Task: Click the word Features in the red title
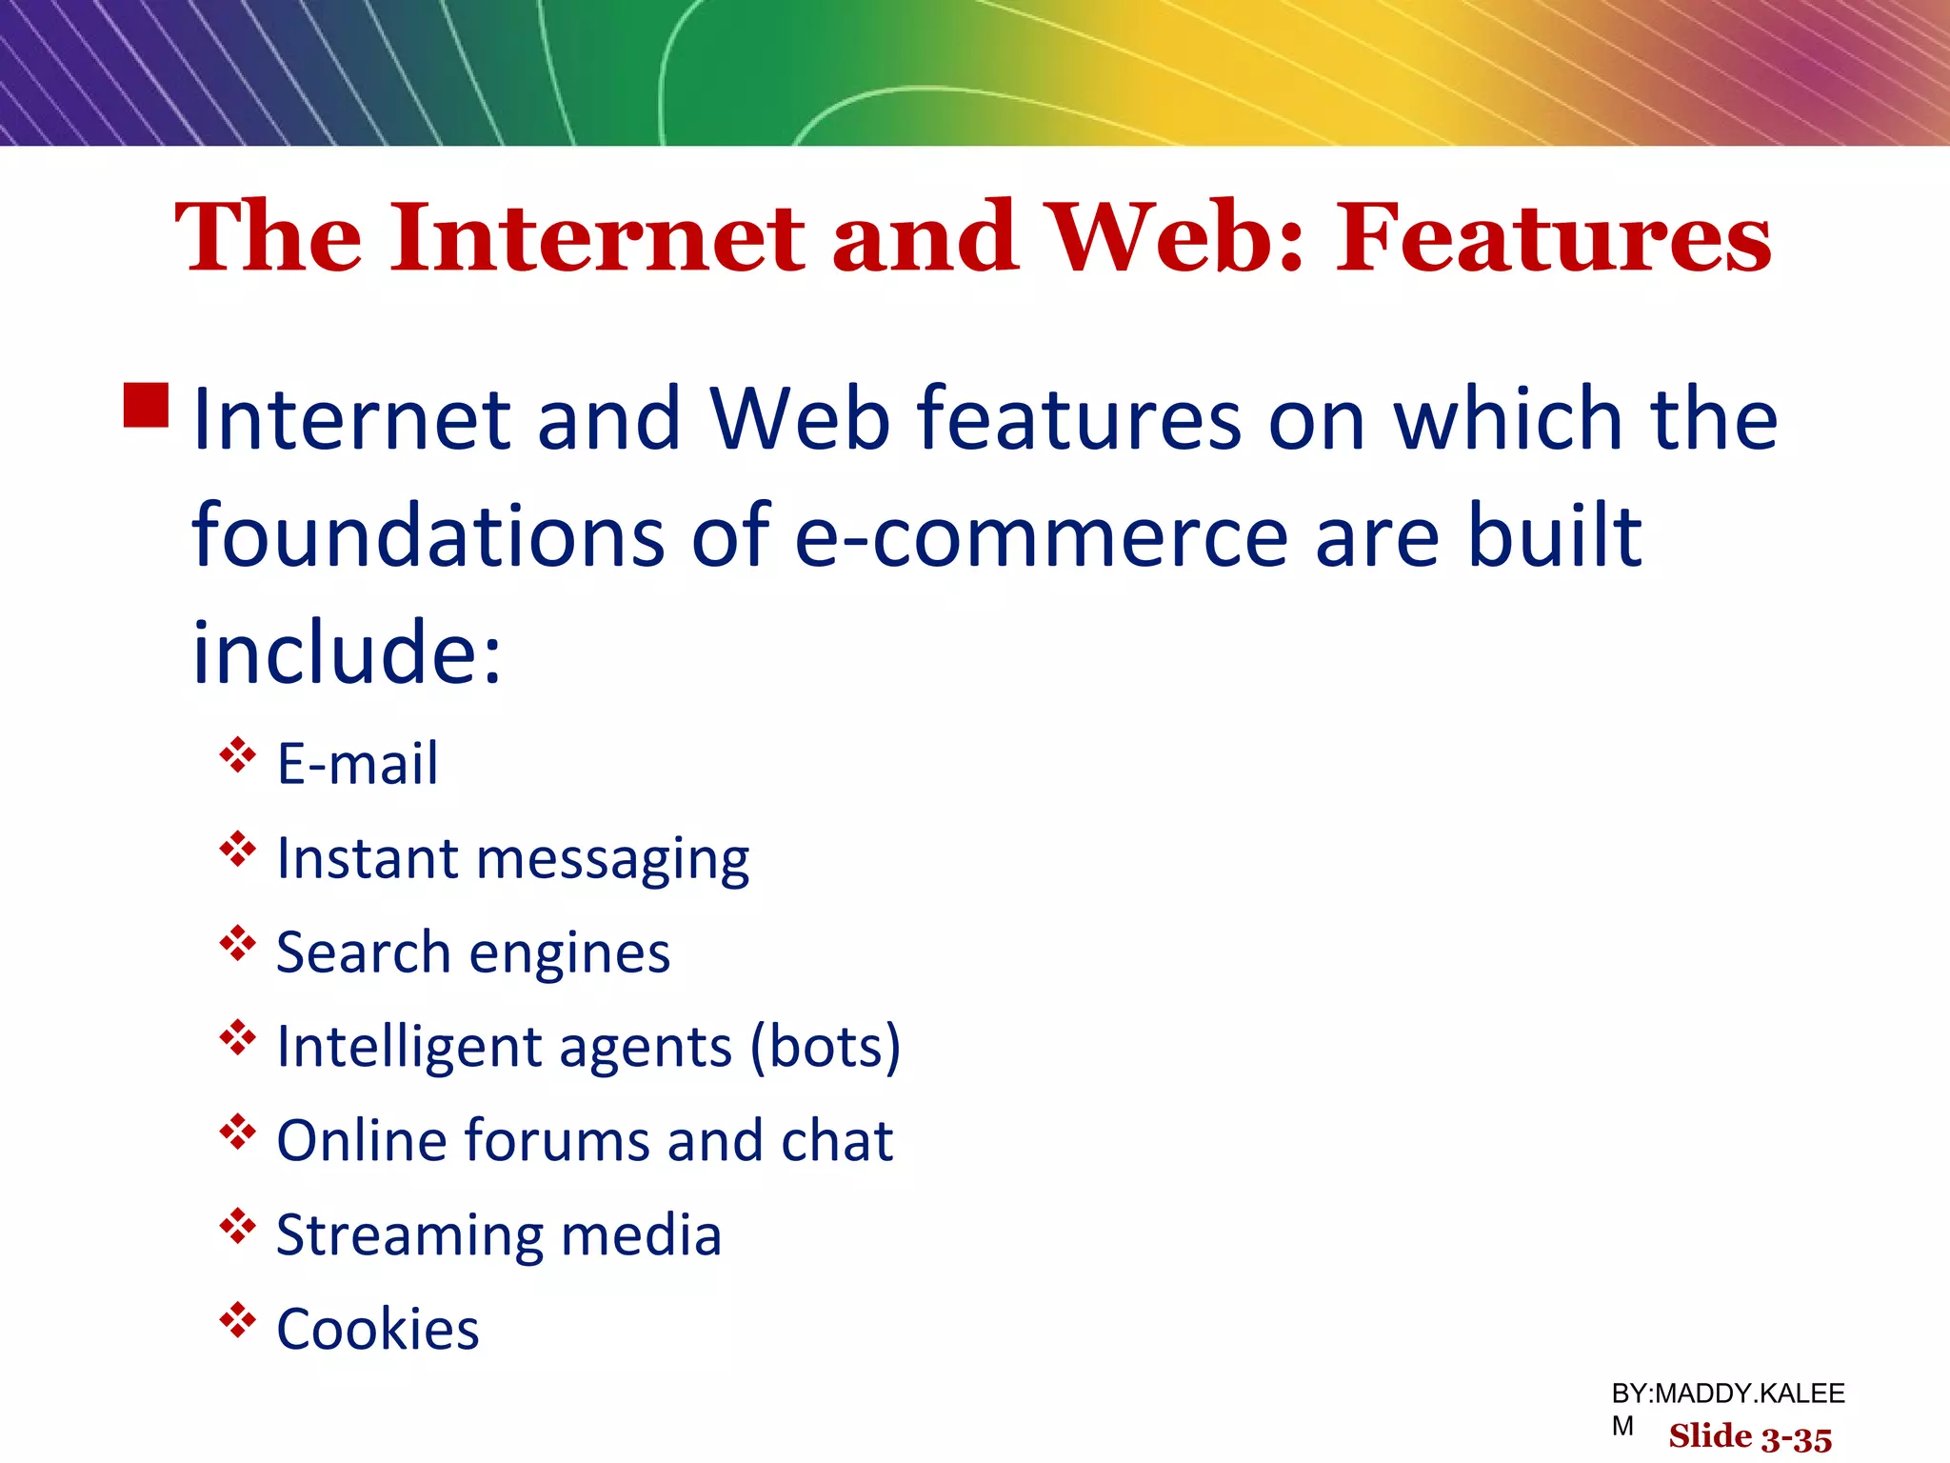coord(1553,238)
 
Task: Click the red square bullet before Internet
coord(146,406)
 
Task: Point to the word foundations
coord(428,536)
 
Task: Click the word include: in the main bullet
coord(347,653)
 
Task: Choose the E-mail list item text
coord(357,764)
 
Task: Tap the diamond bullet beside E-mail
coord(237,756)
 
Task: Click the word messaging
coord(612,860)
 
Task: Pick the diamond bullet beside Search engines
coord(237,944)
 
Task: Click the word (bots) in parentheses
coord(825,1047)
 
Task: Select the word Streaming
coord(408,1235)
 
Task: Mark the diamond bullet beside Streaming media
coord(237,1227)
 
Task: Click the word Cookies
coord(377,1329)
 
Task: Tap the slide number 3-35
coord(1796,1438)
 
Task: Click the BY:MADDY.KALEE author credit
coord(1727,1394)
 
